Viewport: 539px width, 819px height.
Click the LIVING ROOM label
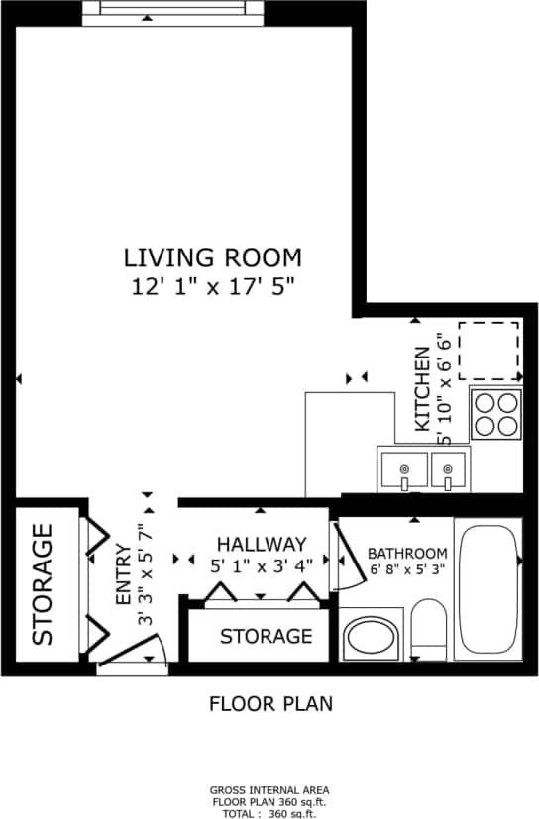click(x=212, y=258)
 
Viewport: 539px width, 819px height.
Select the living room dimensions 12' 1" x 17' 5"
click(x=212, y=288)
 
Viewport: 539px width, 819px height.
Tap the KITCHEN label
click(x=423, y=387)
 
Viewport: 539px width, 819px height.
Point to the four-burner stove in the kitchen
click(x=496, y=413)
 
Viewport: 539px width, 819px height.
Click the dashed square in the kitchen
click(x=488, y=351)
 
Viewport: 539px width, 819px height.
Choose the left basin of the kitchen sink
click(x=404, y=468)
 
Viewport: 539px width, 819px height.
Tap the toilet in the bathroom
click(x=428, y=629)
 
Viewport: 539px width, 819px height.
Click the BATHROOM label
click(x=407, y=554)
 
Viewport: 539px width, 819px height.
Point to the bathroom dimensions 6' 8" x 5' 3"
click(x=407, y=570)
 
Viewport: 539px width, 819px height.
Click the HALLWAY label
click(x=262, y=544)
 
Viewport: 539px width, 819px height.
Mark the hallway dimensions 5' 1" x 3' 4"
click(x=262, y=566)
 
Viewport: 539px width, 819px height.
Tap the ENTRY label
click(x=123, y=575)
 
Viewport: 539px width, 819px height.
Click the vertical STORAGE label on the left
click(x=43, y=585)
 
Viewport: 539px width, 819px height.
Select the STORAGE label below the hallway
click(x=266, y=636)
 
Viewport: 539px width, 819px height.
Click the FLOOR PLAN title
click(x=270, y=704)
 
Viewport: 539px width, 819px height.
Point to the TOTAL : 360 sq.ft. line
click(x=270, y=812)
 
